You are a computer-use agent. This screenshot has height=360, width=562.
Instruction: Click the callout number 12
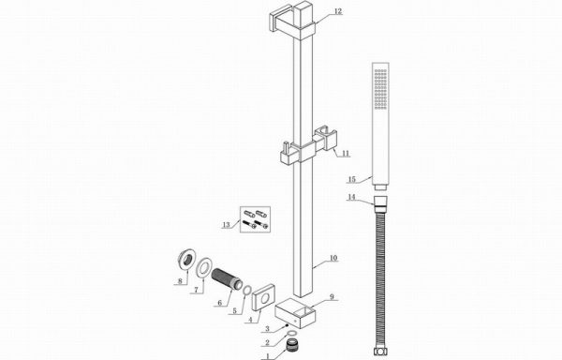pos(338,11)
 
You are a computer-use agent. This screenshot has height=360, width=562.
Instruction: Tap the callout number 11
pos(345,154)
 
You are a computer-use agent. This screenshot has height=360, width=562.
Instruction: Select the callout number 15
pos(352,179)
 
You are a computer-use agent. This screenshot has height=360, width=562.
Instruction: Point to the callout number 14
pos(351,197)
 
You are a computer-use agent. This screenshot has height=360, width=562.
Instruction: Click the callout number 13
pos(226,225)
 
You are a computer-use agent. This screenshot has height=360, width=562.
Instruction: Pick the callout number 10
pos(333,258)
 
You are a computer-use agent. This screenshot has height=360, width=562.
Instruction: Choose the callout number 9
pos(332,296)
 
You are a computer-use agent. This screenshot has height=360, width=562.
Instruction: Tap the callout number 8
pos(180,280)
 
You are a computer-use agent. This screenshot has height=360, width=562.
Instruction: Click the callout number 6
pos(220,303)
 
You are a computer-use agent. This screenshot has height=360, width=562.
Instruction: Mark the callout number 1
pos(266,356)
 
